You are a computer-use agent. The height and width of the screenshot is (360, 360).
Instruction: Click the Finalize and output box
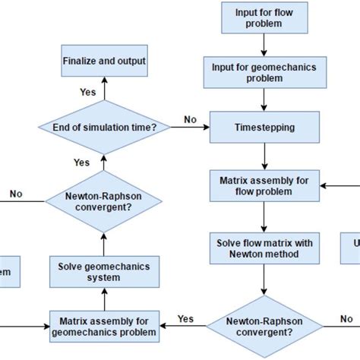click(x=104, y=60)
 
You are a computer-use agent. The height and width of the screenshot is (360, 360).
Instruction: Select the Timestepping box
click(x=263, y=128)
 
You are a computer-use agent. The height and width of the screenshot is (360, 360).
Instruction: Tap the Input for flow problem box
click(x=263, y=16)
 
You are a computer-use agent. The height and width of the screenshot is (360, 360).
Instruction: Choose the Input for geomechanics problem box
click(x=263, y=72)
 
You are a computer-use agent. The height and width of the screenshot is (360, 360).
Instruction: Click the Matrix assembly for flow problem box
click(x=263, y=185)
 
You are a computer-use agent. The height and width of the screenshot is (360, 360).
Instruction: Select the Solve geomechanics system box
click(x=104, y=271)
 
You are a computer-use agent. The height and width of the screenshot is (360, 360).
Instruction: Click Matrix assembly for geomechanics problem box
click(x=104, y=326)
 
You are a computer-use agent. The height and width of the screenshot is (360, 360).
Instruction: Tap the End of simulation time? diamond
click(x=104, y=128)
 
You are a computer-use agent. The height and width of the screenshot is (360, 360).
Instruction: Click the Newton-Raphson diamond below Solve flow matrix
click(x=263, y=326)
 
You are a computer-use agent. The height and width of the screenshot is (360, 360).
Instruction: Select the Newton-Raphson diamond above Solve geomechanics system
click(x=104, y=201)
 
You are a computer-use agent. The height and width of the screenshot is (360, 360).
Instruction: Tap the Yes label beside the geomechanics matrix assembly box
click(x=185, y=318)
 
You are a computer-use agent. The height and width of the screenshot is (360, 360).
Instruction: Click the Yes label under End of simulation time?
click(x=81, y=162)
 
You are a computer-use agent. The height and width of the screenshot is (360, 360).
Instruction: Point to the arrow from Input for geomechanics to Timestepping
click(x=263, y=100)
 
